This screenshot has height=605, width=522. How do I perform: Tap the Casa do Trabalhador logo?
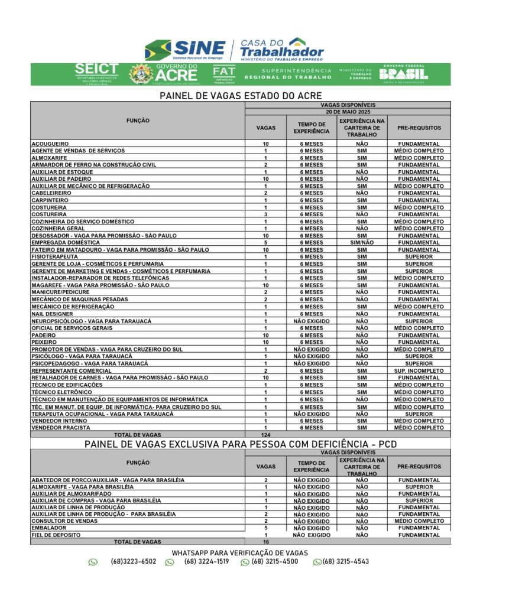point(281,49)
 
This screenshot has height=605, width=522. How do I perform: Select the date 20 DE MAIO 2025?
point(348,111)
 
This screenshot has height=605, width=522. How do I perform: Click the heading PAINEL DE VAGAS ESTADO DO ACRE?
point(241,95)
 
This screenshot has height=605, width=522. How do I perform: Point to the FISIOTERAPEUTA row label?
point(55,257)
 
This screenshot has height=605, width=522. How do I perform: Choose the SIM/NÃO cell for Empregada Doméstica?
point(362,243)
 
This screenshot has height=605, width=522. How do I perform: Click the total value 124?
point(265,435)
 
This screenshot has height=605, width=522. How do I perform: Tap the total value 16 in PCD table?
point(265,541)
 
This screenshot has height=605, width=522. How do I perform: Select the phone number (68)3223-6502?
point(133,561)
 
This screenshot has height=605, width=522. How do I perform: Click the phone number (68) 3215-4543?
point(345,561)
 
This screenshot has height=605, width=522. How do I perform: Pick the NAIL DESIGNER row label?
point(52,314)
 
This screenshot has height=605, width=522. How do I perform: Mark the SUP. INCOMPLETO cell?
point(419,370)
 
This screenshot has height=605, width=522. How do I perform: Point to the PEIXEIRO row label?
point(44,342)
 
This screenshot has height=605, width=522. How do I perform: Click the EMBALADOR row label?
point(49,528)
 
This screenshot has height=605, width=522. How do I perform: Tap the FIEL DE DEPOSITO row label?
point(56,535)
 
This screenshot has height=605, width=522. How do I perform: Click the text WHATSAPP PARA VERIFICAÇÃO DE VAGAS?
point(239,552)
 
